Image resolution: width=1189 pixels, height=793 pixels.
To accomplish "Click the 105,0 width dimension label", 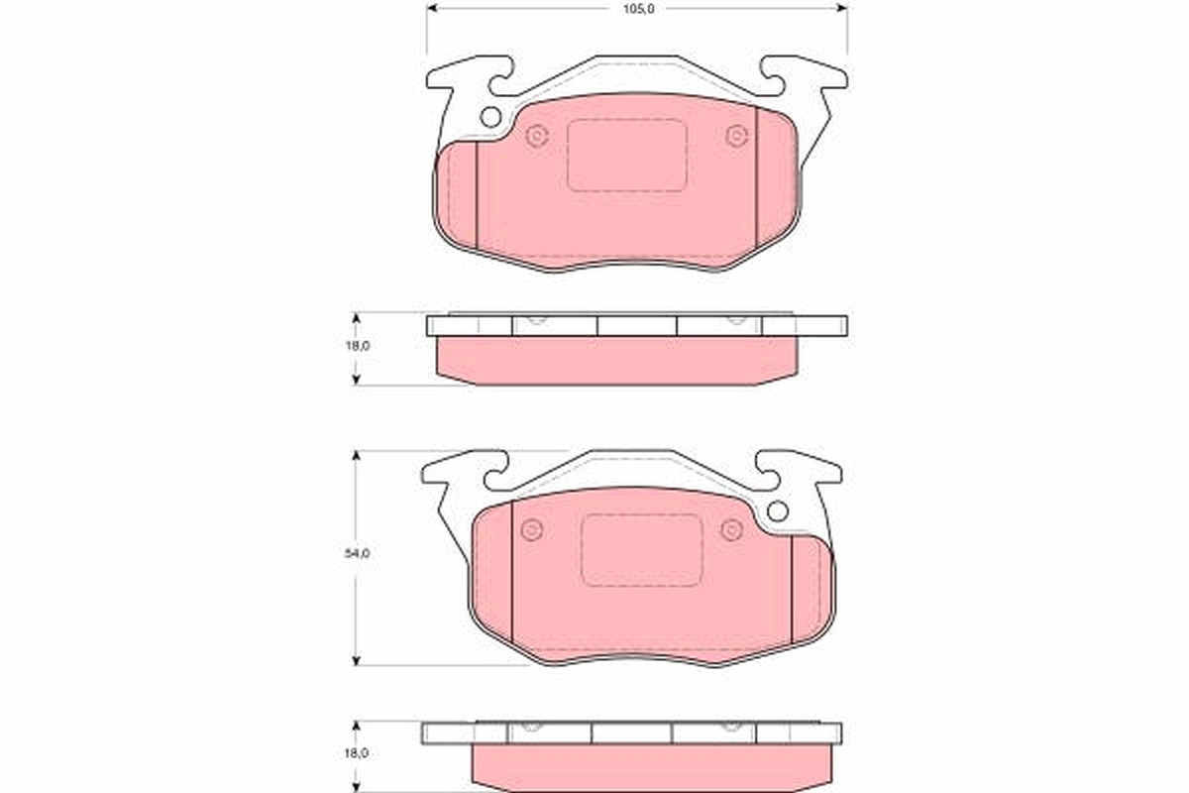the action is pos(638,9).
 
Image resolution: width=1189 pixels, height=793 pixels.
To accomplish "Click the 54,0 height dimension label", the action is pos(358,553).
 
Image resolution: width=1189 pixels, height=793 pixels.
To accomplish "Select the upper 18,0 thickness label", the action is pos(358,346).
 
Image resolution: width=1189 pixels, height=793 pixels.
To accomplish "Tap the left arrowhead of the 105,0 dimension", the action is pos(432,8).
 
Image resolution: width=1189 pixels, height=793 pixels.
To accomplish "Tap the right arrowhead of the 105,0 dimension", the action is pos(842,8).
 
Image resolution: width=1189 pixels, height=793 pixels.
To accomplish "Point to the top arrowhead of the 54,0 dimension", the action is pos(357,456).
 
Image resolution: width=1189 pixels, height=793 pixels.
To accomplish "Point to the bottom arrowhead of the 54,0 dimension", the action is pos(357,660).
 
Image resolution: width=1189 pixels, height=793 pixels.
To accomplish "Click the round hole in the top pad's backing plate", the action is pos(490,117).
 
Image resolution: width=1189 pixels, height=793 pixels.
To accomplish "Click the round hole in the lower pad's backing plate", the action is pos(778,511).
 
